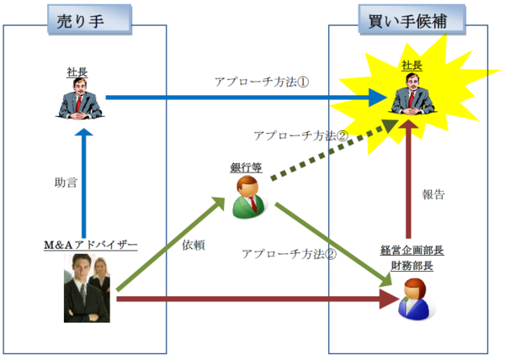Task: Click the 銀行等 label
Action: click(246, 167)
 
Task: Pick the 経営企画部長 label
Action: click(411, 251)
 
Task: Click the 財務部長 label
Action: click(411, 266)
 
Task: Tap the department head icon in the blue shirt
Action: click(414, 299)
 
